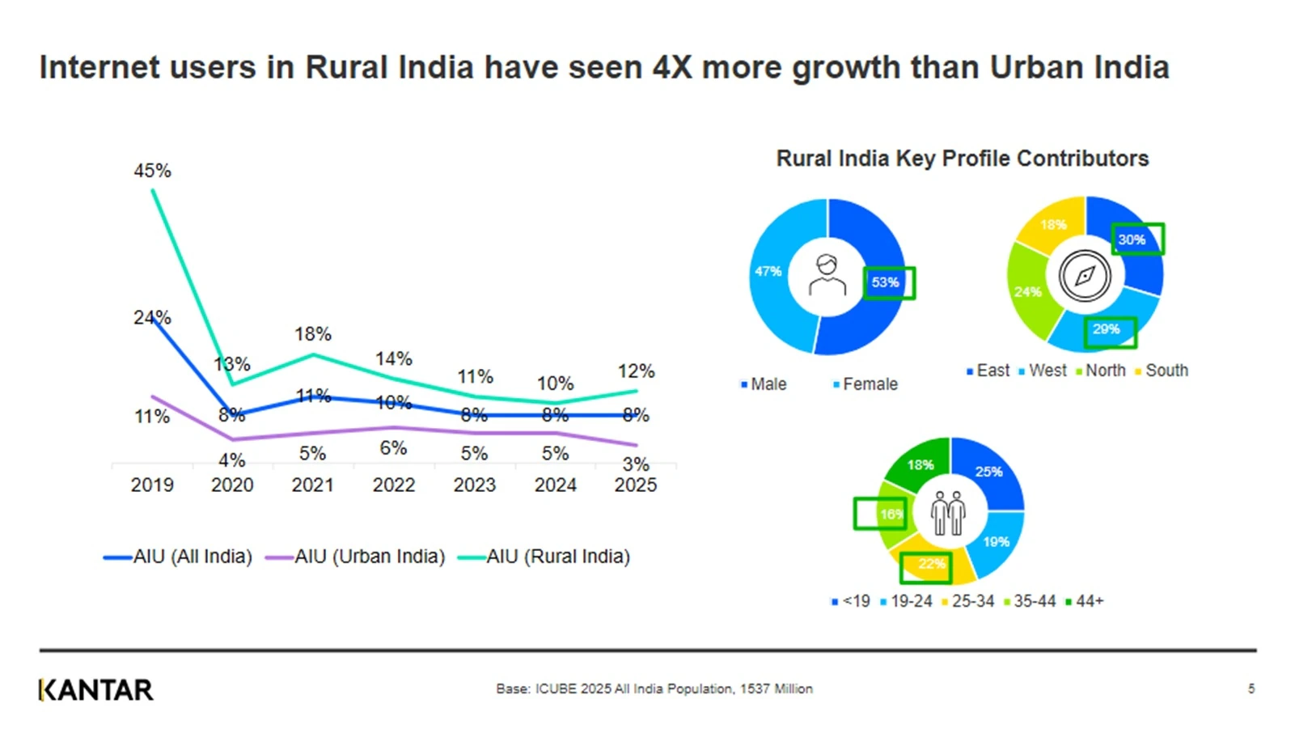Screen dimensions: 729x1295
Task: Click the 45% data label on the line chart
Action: (x=152, y=171)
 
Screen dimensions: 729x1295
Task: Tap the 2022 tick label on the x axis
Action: (x=393, y=485)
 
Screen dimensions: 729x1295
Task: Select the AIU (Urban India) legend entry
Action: (x=356, y=557)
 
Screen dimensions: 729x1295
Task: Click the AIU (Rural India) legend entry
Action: (x=544, y=557)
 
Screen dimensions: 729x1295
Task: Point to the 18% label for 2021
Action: (x=313, y=333)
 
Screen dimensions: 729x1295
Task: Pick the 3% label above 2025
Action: (x=636, y=464)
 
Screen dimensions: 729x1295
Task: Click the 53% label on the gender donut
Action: (x=885, y=282)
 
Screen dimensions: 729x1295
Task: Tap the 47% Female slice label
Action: (x=768, y=271)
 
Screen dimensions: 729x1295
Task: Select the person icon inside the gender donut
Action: (x=827, y=276)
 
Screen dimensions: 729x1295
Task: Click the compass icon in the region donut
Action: (x=1084, y=276)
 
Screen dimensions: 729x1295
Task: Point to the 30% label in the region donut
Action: (x=1132, y=239)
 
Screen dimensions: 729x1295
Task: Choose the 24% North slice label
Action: (x=1027, y=291)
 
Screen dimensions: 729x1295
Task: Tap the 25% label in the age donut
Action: (x=988, y=472)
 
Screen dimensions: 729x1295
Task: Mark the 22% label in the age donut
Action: (x=931, y=563)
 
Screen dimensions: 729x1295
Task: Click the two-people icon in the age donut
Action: (x=948, y=512)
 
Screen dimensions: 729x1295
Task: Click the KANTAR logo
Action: (x=95, y=690)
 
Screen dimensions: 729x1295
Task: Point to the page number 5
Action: (x=1251, y=689)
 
